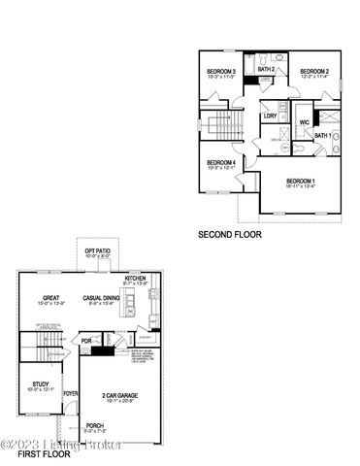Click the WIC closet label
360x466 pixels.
(x=304, y=122)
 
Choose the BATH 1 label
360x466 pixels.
(x=322, y=135)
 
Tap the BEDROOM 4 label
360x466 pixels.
(x=221, y=162)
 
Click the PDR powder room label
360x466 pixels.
(x=86, y=341)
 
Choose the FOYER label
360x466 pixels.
(x=71, y=393)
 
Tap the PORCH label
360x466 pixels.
(x=94, y=425)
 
